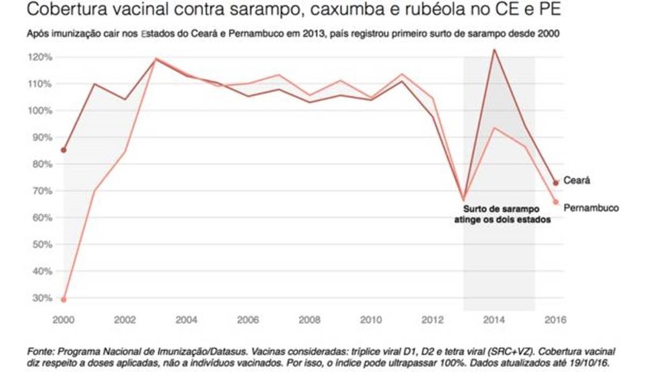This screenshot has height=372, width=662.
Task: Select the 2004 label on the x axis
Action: point(187,320)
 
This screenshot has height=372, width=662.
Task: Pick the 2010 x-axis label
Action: point(371,320)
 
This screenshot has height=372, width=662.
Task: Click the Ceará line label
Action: point(577,181)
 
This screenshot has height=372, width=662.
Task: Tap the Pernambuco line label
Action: point(591,208)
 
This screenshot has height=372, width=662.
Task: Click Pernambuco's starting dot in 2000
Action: point(64,299)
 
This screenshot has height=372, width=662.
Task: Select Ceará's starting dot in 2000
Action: point(64,150)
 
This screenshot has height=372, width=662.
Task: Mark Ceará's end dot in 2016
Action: point(556,182)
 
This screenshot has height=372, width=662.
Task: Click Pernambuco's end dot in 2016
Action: point(556,202)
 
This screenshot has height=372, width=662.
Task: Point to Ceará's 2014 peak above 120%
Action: point(494,49)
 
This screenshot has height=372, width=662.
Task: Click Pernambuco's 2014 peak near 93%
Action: point(494,128)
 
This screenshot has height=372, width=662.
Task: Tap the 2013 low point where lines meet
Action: point(464,200)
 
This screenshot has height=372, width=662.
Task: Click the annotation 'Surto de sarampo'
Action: point(499,210)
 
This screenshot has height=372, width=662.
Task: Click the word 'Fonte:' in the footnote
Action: point(40,352)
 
